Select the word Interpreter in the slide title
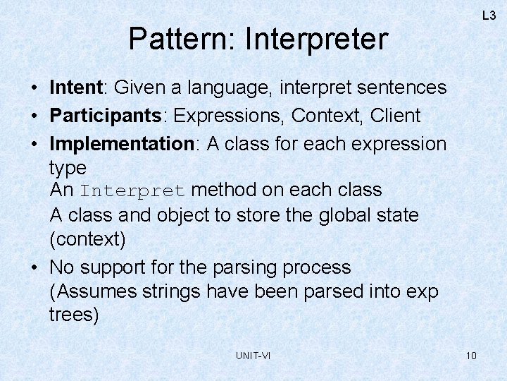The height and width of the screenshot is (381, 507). point(316,40)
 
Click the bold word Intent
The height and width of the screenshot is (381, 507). point(76,87)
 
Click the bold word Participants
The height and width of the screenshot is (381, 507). point(107,116)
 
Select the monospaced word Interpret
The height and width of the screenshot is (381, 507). point(132,191)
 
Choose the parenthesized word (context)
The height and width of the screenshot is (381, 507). point(87,239)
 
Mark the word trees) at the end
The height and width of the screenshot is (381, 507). point(74,315)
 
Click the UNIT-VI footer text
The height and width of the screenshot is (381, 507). point(253,356)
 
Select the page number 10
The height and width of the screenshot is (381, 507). point(471,355)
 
